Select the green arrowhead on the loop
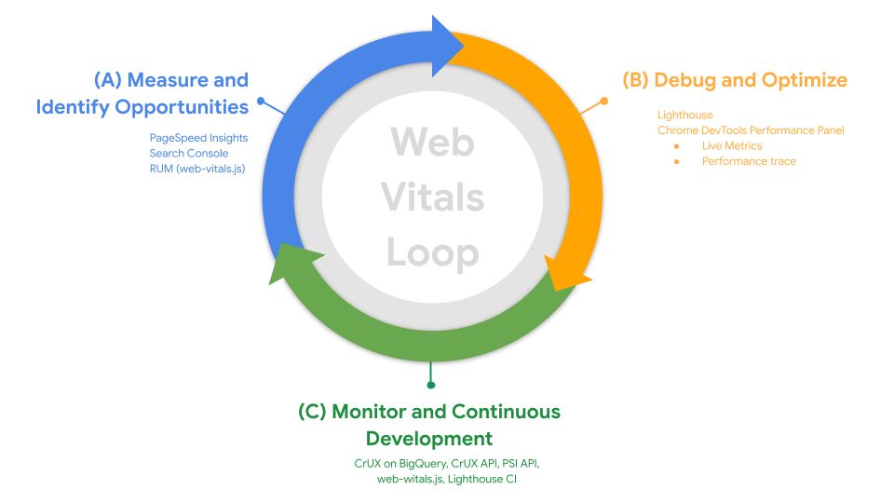[287, 262]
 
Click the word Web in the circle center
[432, 143]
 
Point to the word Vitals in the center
[432, 197]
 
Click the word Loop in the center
[432, 252]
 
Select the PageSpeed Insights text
[198, 138]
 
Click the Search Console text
[188, 153]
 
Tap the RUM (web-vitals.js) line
[196, 168]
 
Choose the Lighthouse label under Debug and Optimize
[684, 116]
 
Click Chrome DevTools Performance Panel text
[751, 130]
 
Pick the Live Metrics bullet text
[732, 146]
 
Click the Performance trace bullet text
[749, 161]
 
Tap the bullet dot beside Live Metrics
[676, 146]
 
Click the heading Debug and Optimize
[751, 80]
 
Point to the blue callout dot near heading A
[261, 101]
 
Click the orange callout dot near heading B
[603, 101]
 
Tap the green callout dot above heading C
[430, 385]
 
